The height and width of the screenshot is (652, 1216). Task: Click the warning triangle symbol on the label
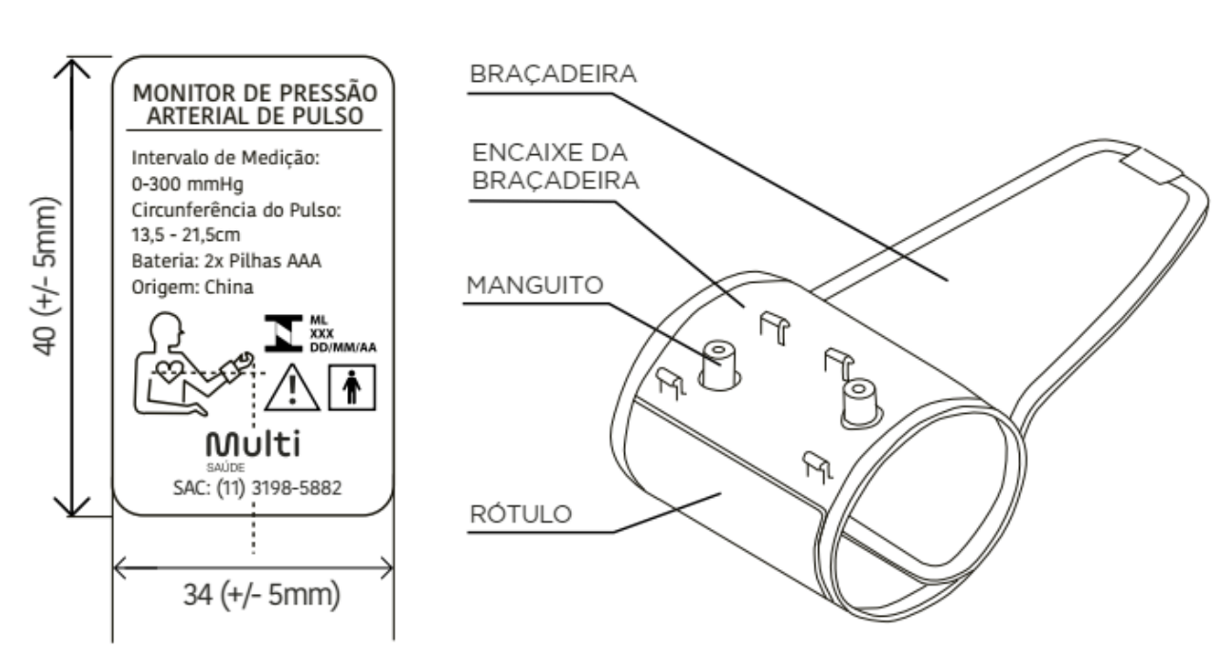click(x=292, y=388)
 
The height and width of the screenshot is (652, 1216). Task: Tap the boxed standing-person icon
click(x=352, y=387)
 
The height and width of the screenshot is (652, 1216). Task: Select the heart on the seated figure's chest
click(x=169, y=371)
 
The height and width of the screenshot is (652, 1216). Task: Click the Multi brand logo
click(x=253, y=444)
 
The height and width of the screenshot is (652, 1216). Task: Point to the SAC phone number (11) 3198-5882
click(x=279, y=488)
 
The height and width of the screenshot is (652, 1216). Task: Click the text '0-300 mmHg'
click(x=187, y=184)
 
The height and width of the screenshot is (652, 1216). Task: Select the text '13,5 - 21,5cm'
click(x=186, y=235)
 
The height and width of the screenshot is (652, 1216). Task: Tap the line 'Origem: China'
click(x=192, y=286)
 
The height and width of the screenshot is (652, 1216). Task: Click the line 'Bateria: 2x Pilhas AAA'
click(x=226, y=261)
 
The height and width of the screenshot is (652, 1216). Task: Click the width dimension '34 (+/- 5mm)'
click(x=262, y=595)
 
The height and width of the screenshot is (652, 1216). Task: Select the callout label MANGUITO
click(x=536, y=285)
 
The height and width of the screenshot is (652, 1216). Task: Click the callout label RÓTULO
click(x=521, y=514)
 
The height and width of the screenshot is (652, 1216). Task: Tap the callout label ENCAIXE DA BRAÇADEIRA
click(x=555, y=167)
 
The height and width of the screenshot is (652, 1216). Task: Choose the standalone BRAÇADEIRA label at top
click(x=553, y=74)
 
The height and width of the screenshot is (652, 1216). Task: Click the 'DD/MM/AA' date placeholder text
click(x=343, y=347)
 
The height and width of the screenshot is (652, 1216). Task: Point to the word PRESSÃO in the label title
click(x=328, y=93)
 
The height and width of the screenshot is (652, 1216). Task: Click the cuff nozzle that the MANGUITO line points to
click(x=718, y=365)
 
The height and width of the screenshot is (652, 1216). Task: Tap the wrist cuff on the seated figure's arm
click(x=232, y=371)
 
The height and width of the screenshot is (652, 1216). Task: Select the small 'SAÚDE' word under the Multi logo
click(x=226, y=467)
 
